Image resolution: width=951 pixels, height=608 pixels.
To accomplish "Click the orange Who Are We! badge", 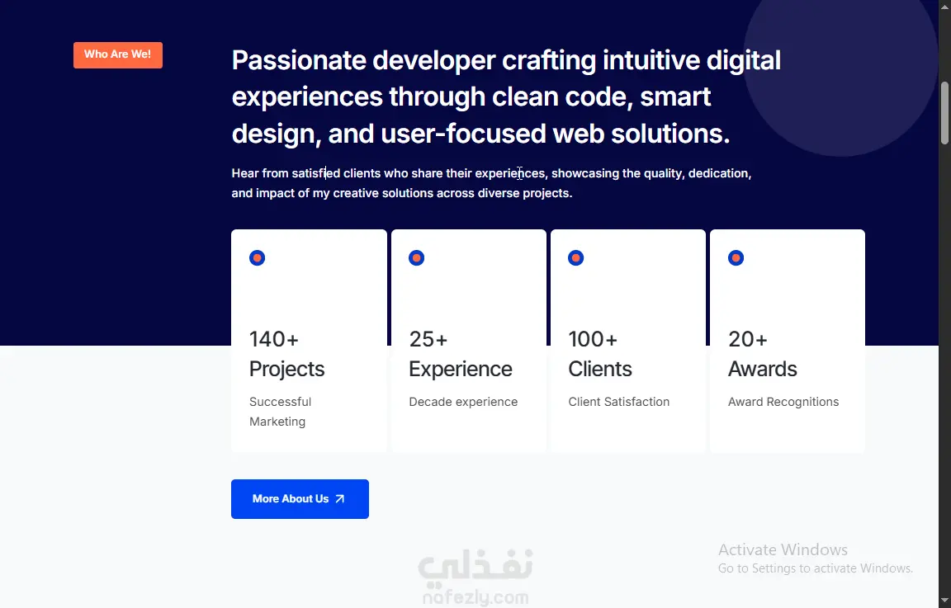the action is (118, 55).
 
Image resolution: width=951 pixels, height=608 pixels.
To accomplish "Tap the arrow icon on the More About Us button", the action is (339, 499).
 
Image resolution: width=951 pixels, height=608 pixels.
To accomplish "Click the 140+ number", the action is (273, 339).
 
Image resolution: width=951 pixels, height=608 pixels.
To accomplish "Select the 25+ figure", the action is (428, 339).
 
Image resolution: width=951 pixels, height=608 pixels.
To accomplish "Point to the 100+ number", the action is (593, 339).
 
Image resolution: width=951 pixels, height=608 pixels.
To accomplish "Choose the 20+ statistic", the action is (747, 339).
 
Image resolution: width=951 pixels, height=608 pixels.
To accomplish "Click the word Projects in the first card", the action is (287, 369).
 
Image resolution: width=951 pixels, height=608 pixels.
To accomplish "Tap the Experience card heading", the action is (461, 369).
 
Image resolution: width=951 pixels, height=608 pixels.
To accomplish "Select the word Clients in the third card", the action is (600, 369).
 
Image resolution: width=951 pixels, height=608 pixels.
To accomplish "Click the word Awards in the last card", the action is (763, 369).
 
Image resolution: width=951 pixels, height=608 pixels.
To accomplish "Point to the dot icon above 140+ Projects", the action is (258, 258).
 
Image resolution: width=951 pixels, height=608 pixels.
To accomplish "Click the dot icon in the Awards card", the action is (736, 258).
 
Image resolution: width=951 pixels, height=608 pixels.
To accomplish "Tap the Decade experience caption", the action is (463, 402).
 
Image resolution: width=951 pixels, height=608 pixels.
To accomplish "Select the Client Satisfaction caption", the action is (618, 402).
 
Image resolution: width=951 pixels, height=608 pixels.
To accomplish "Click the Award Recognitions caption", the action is (783, 402).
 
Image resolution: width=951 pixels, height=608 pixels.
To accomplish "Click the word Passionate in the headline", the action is (299, 60).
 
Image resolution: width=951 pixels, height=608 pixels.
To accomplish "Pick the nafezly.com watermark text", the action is (475, 598).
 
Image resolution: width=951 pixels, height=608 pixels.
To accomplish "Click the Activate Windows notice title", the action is (783, 549).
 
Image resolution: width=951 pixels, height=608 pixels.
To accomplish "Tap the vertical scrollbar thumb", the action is (944, 113).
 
